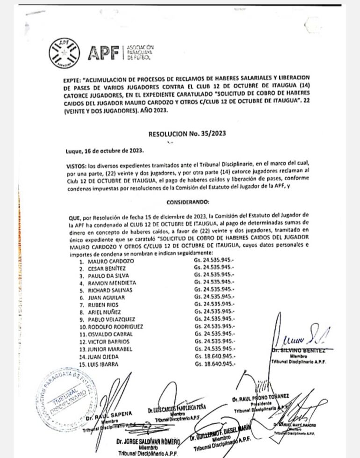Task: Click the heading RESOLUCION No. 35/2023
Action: coord(187,133)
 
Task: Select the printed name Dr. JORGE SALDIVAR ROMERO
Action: coord(148,441)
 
